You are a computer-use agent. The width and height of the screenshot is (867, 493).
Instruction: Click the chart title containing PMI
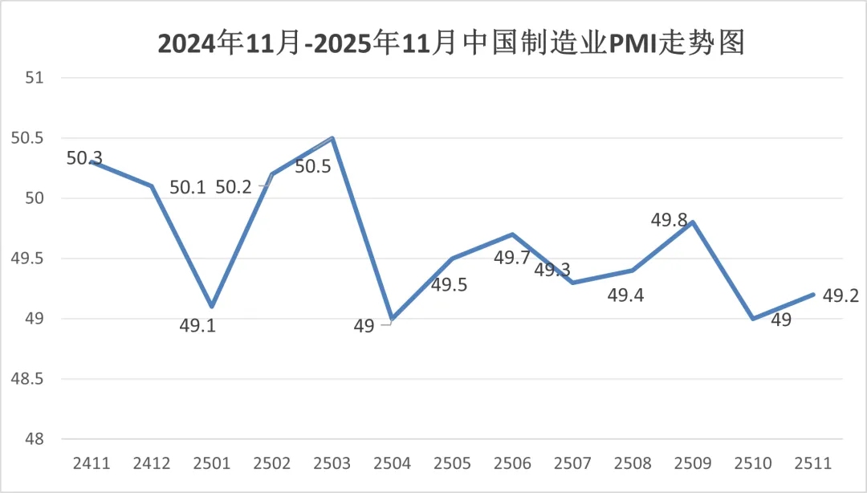(x=452, y=43)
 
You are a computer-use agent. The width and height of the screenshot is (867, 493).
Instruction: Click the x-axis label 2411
(x=91, y=464)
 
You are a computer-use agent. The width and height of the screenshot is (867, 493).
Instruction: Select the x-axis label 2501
(x=212, y=464)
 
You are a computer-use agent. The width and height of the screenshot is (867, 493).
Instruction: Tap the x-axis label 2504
(x=393, y=464)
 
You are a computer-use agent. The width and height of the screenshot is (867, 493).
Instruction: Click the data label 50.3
(x=84, y=158)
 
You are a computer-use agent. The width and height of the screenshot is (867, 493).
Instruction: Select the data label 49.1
(x=197, y=328)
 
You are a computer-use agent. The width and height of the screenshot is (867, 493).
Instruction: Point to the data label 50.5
(x=314, y=168)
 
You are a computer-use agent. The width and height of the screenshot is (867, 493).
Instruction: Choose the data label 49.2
(x=841, y=296)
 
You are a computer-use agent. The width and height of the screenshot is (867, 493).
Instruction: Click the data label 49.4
(x=625, y=296)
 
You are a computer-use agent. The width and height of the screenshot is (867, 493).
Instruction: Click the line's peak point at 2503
(x=332, y=138)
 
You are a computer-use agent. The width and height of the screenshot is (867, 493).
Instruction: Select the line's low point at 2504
(x=393, y=319)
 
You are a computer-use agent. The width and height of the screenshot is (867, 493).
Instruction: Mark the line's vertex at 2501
(x=212, y=307)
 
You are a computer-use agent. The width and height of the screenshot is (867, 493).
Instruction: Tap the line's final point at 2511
(x=814, y=295)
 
